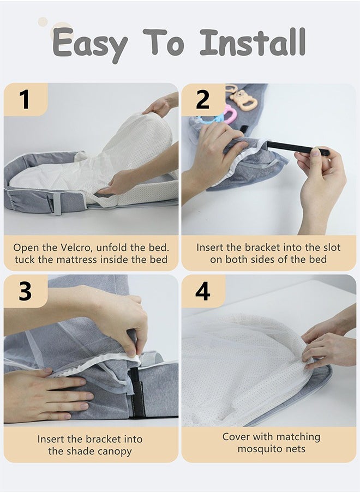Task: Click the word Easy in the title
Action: pos(90,45)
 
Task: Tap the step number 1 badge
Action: pos(26,99)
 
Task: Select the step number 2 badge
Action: pos(203,99)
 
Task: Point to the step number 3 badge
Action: pos(26,291)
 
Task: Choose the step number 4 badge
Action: pos(203,291)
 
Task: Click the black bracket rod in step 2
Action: pos(298,148)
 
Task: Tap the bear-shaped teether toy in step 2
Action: pos(243,100)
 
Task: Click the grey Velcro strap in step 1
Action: pos(57,203)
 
